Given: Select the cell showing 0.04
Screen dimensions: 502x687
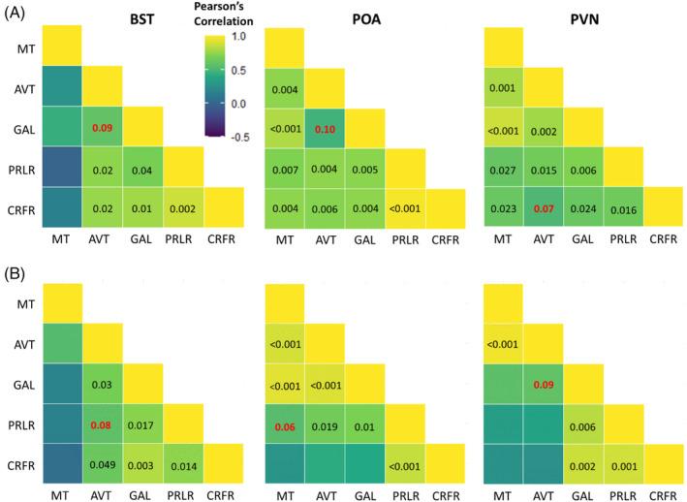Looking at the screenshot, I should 142,170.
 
